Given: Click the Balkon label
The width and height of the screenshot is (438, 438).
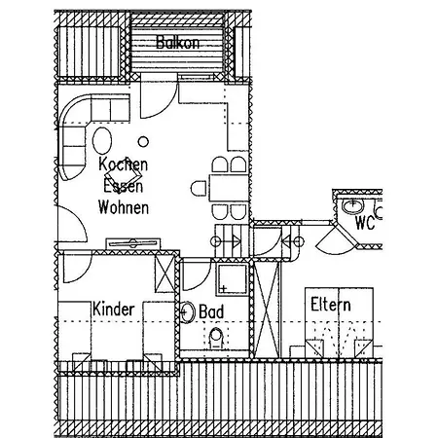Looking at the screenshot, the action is (x=177, y=42).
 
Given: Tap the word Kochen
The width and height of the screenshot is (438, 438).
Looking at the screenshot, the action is (x=124, y=164).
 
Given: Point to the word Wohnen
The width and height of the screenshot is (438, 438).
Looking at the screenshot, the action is (x=124, y=207).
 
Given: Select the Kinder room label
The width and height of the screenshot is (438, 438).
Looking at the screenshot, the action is (x=114, y=309).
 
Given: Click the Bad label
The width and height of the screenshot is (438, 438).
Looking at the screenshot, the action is (x=211, y=311).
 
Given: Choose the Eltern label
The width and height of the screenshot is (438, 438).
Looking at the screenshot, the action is (x=331, y=305).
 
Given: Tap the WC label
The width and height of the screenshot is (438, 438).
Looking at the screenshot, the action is (x=365, y=223).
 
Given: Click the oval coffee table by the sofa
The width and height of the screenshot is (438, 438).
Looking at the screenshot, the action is (x=102, y=140).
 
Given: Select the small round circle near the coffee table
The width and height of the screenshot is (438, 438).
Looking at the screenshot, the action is (x=143, y=141).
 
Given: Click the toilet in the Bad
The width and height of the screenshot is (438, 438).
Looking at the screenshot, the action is (x=216, y=338).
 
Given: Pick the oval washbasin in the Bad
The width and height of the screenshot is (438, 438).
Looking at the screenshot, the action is (x=187, y=312).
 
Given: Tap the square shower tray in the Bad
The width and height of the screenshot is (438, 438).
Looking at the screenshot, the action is (x=232, y=279).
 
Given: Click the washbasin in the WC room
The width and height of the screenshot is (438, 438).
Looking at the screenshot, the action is (x=352, y=206).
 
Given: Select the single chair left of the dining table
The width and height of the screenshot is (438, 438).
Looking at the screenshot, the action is (x=199, y=189).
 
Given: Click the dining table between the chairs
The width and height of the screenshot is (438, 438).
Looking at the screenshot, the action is (x=229, y=188).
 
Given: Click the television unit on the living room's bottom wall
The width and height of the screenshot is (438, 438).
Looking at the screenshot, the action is (x=133, y=243).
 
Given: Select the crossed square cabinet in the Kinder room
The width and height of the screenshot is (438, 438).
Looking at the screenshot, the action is (x=165, y=274).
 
